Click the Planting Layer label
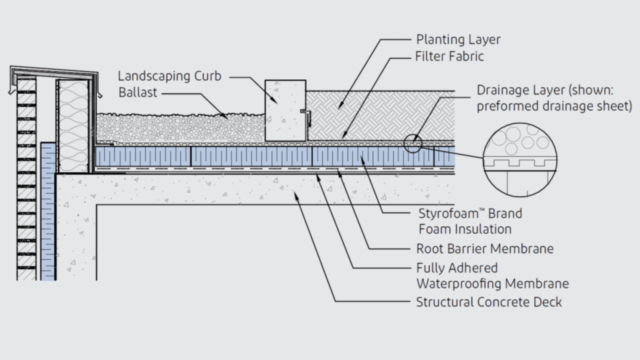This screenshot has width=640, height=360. [x=457, y=40]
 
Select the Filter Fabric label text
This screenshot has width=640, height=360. [x=449, y=56]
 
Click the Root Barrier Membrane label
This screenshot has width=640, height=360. [x=484, y=249]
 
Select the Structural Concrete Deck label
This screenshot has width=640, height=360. [x=489, y=302]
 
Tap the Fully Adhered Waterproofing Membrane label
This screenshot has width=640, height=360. [x=492, y=276]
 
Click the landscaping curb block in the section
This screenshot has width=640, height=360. [x=285, y=109]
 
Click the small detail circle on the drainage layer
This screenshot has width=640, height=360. [x=413, y=144]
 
